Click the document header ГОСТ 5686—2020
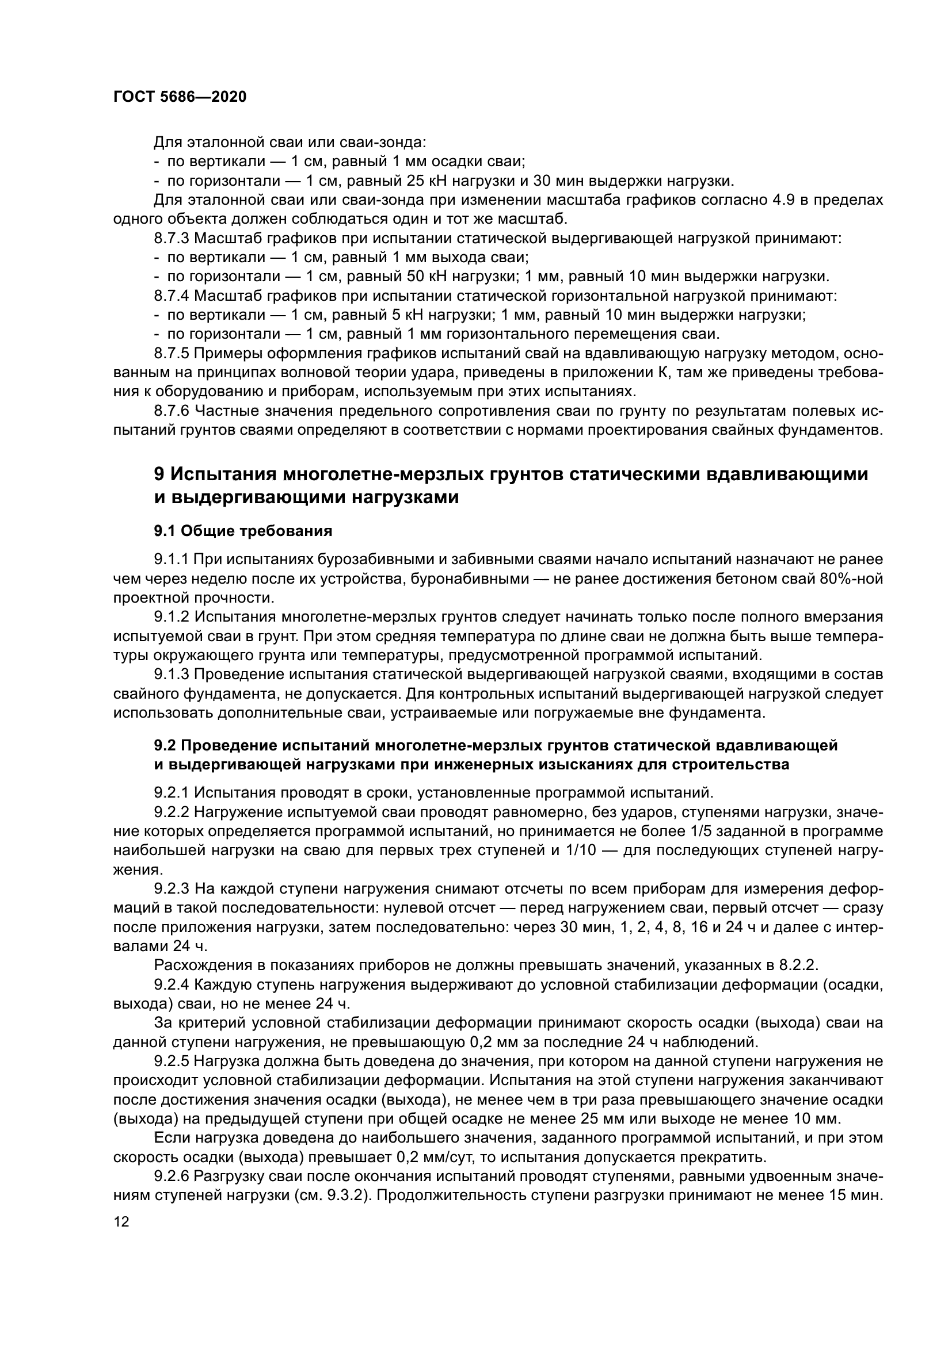[180, 97]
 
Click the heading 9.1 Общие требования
[243, 531]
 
